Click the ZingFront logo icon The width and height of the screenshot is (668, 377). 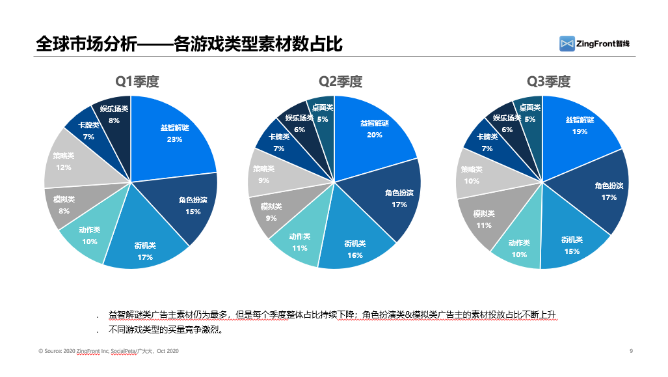click(x=567, y=44)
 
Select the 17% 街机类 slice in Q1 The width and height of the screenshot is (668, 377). click(x=144, y=250)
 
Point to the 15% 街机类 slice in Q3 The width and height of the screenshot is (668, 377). click(x=571, y=246)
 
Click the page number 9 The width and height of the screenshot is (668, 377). click(x=631, y=351)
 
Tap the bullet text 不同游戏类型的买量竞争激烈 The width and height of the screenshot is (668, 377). click(x=166, y=329)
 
